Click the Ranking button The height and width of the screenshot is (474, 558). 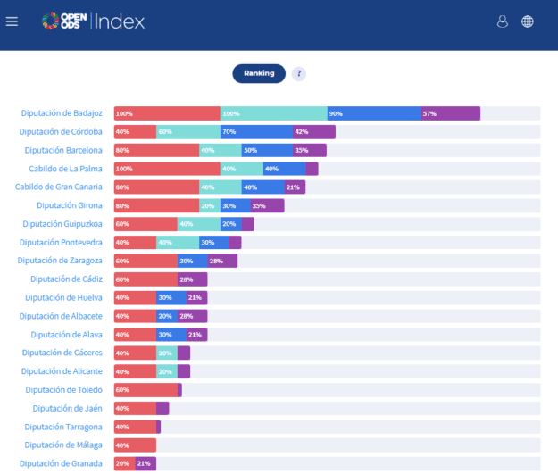point(259,73)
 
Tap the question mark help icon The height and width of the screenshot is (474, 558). point(298,74)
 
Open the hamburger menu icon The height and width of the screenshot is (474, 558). point(12,21)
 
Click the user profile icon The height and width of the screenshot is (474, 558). point(503,21)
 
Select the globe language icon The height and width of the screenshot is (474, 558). point(528,21)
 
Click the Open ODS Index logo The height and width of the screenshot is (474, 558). point(93,21)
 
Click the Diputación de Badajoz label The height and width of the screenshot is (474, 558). point(62,113)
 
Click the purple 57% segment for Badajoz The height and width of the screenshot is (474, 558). point(450,113)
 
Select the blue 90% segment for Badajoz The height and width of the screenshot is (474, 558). point(374,113)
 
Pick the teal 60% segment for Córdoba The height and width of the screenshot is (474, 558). point(187,132)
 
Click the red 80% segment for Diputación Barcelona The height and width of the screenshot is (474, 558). point(156,150)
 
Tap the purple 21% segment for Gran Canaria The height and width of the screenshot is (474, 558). point(295,187)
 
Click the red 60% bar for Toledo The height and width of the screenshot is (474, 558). point(146,390)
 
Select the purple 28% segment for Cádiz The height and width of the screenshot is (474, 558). point(192,279)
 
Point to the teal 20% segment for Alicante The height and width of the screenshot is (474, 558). point(167,371)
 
